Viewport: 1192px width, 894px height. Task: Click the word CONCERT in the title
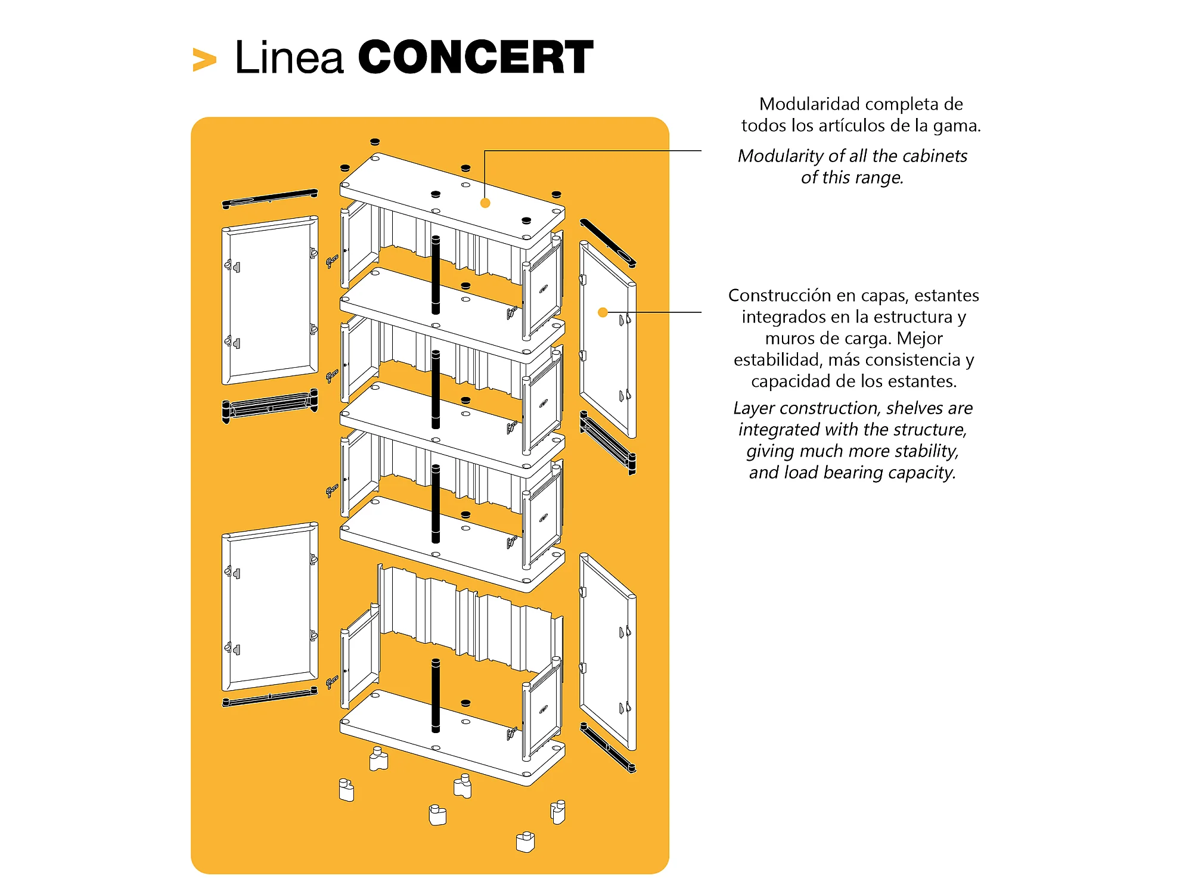click(475, 58)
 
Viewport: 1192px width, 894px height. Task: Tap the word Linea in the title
click(289, 58)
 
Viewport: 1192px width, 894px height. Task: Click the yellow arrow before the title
click(204, 60)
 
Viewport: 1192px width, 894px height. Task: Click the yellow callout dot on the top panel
click(485, 203)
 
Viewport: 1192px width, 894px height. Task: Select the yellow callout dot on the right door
click(603, 312)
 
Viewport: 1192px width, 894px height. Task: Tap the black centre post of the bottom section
click(436, 695)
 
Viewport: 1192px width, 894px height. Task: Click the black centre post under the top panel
click(436, 274)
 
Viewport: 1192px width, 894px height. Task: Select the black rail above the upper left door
click(270, 198)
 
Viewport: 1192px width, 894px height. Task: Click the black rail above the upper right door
click(607, 243)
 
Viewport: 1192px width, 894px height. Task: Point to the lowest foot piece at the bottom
click(525, 842)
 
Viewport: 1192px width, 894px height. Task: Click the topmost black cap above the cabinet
click(375, 142)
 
